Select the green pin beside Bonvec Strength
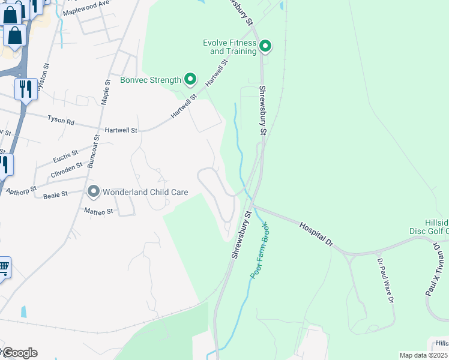(x=190, y=79)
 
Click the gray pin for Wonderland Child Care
(x=93, y=192)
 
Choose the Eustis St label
(x=65, y=157)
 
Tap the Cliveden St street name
(x=67, y=168)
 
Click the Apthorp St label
(x=21, y=190)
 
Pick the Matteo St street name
(x=98, y=211)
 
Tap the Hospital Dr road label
(x=316, y=234)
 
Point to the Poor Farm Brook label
(x=259, y=250)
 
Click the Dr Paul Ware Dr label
(x=384, y=281)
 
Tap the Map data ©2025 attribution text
(x=424, y=355)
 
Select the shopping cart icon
(x=4, y=268)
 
